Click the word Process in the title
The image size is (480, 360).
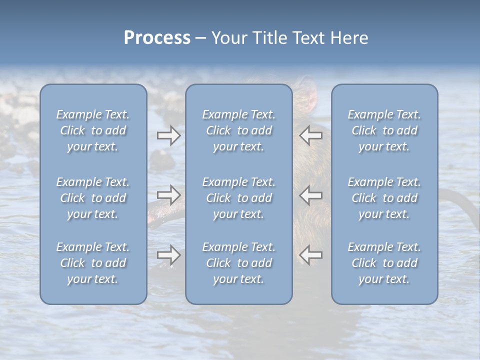tap(157, 38)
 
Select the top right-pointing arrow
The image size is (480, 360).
tap(168, 135)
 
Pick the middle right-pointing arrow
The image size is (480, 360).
tap(168, 195)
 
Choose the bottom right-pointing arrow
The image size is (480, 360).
tap(168, 255)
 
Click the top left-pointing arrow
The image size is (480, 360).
tap(311, 135)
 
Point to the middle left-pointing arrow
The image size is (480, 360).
tap(311, 195)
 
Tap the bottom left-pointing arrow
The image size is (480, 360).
tap(311, 255)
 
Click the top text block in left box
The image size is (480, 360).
tap(93, 130)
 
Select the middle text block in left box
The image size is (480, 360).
tap(93, 198)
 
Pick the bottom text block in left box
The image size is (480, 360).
tap(93, 263)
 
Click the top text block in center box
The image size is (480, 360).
tap(238, 130)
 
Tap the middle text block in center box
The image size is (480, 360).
tap(238, 198)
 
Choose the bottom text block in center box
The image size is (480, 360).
tap(238, 263)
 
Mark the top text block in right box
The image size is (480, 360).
tap(384, 130)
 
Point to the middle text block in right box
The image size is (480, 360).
tap(384, 198)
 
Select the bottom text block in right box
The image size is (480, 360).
tap(384, 263)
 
